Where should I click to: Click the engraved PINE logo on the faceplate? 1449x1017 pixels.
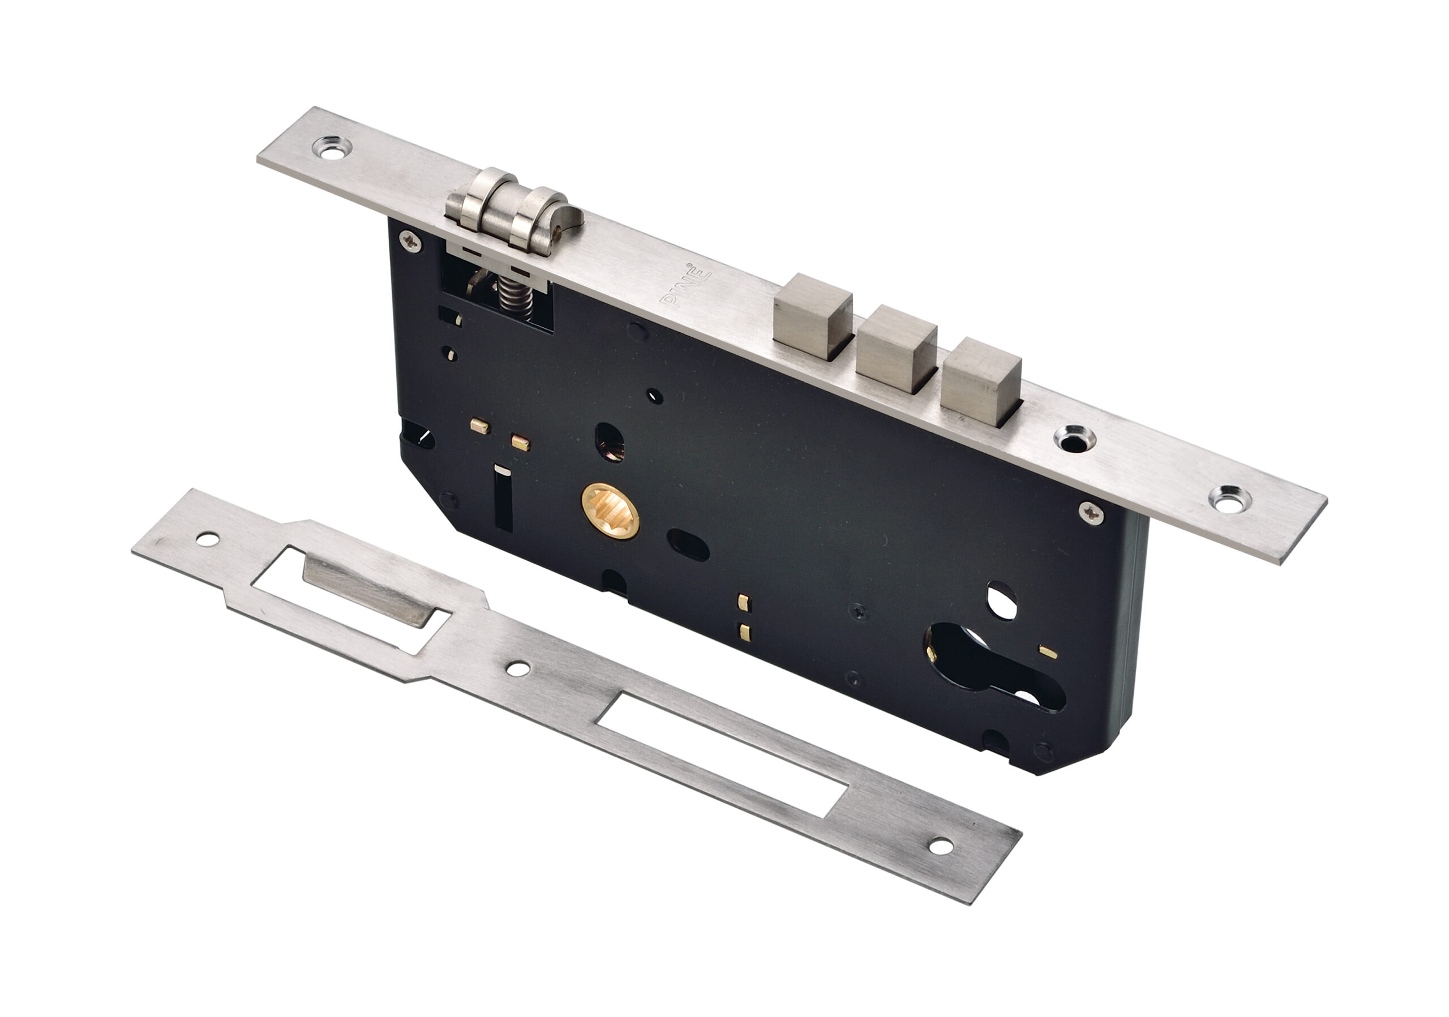[685, 285]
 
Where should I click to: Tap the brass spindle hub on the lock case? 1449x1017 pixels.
[610, 512]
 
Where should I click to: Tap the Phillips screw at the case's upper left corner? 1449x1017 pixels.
[411, 241]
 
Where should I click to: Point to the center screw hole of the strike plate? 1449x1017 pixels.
[518, 669]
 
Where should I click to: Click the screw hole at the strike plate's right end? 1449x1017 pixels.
[941, 847]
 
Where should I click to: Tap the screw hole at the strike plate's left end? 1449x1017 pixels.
[207, 539]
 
